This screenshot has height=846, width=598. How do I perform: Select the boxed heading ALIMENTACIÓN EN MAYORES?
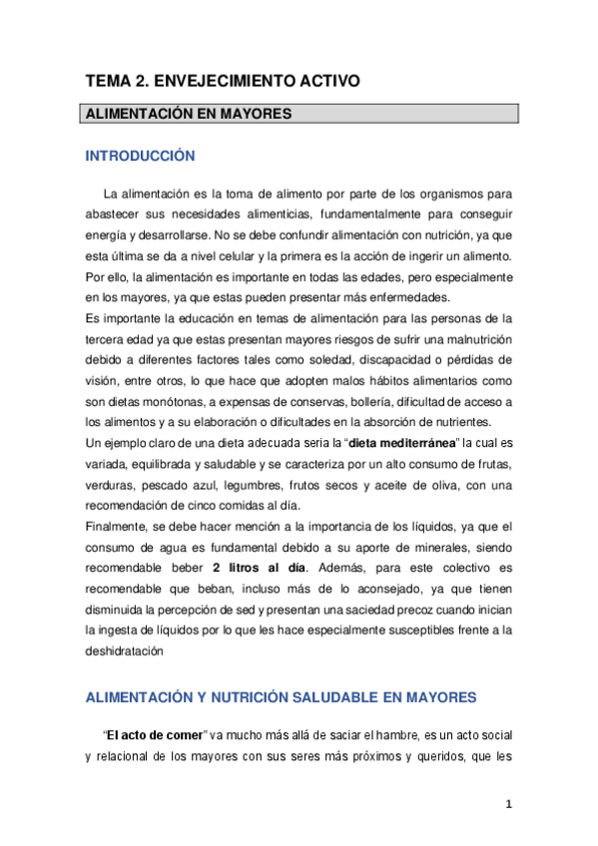(188, 114)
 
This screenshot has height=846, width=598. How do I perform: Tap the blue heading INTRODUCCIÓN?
(139, 157)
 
